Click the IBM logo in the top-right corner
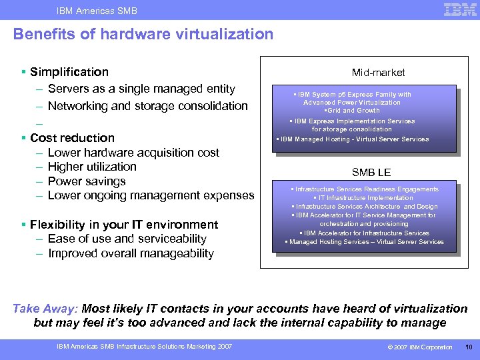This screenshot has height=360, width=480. point(460,9)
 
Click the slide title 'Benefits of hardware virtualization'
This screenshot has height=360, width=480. point(143,34)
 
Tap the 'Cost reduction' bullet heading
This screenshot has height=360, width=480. point(73,138)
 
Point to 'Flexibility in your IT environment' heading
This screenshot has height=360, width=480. point(124,225)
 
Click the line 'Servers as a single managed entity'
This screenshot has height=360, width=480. point(141,89)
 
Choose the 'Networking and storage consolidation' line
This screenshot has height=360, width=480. point(147,106)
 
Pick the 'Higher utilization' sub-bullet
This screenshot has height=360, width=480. point(92,167)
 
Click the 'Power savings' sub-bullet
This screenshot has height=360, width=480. point(87,181)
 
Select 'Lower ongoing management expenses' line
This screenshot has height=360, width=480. point(151,195)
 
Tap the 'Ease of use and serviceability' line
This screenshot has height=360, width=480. point(127,239)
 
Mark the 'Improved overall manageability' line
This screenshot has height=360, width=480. point(131,253)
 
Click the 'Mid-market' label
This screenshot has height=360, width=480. point(378,72)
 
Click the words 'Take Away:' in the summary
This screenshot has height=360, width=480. point(45,309)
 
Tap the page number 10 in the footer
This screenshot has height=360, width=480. point(468,347)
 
